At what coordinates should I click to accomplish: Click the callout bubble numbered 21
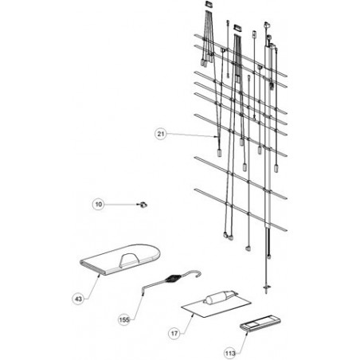[161, 134]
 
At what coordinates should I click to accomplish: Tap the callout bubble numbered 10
[98, 204]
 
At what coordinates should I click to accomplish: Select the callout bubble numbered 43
[78, 299]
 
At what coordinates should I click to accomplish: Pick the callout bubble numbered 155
[124, 319]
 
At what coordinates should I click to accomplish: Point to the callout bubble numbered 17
[174, 333]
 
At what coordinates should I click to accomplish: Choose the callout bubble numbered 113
[230, 353]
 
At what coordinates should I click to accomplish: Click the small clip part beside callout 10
[143, 205]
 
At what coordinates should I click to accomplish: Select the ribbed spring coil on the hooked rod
[172, 279]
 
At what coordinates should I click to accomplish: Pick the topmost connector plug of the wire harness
[209, 4]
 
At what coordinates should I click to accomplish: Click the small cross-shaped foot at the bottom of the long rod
[267, 287]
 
